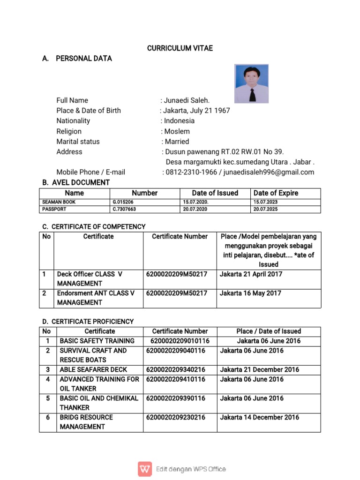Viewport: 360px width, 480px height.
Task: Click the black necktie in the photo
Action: point(252,94)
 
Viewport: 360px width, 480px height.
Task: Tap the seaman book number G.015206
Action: point(123,202)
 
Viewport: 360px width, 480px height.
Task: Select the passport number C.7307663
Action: point(124,209)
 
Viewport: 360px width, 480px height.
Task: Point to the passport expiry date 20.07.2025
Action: point(266,209)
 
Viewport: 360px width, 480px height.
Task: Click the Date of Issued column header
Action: point(215,193)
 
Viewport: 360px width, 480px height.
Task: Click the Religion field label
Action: point(69,131)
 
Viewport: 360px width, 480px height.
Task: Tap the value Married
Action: point(177,142)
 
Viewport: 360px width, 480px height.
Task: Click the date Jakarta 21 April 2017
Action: point(251,274)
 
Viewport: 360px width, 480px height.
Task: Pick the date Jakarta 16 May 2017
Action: point(250,293)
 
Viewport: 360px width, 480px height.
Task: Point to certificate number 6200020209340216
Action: point(176,370)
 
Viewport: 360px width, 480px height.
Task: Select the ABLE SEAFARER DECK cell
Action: point(93,370)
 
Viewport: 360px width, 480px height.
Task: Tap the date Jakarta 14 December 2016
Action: point(259,417)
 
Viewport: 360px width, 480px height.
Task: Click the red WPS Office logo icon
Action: point(145,469)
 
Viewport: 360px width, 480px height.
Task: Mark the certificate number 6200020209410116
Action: point(176,379)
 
